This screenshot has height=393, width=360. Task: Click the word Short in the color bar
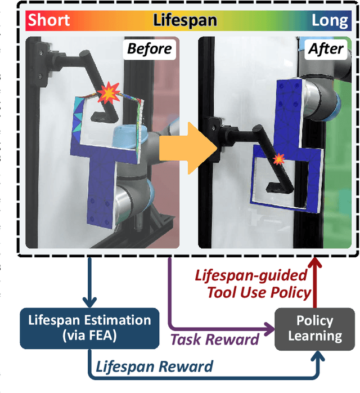pos(49,21)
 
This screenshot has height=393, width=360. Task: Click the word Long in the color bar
pos(330,21)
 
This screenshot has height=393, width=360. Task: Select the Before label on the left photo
pos(149,49)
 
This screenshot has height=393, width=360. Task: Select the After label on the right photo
pos(325,49)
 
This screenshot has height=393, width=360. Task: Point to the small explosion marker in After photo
pos(278,160)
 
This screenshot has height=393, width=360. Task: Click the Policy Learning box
pos(314,328)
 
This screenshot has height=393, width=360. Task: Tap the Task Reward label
pos(214,338)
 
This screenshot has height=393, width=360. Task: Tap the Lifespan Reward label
pos(154,367)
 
